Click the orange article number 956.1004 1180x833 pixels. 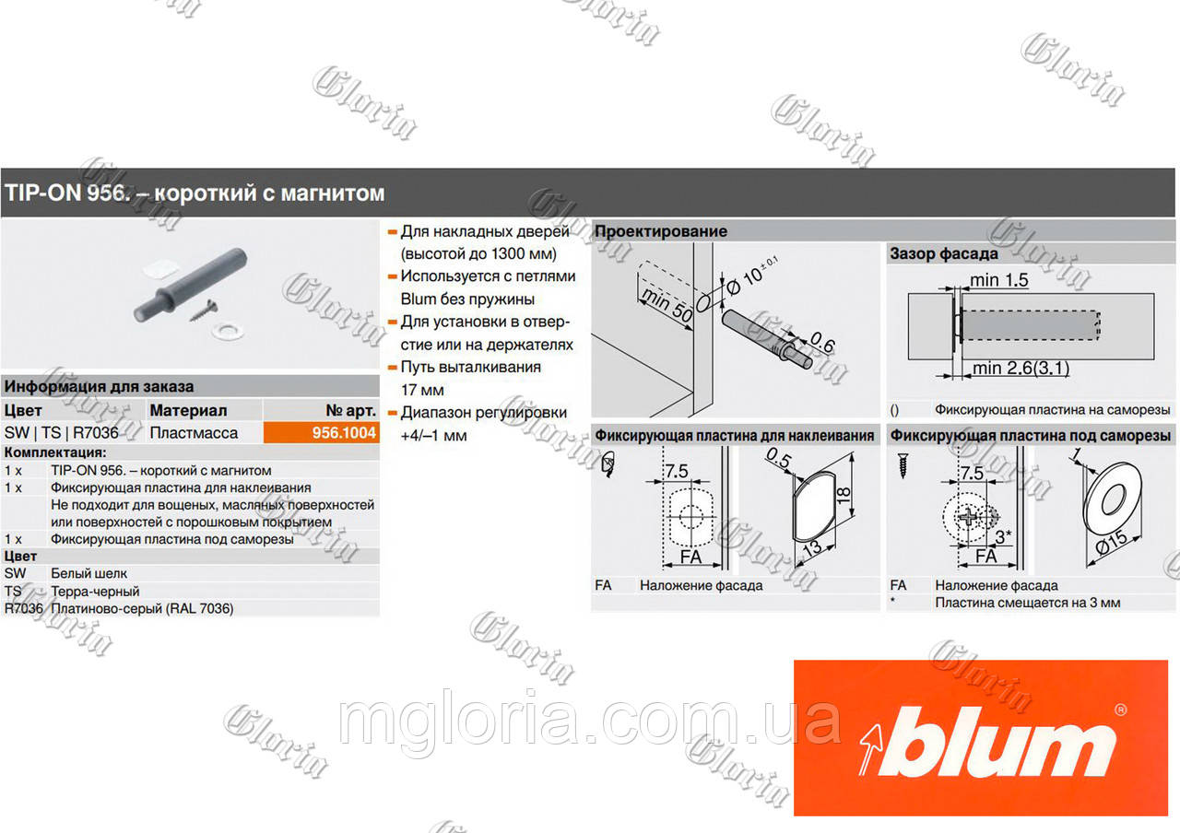(344, 433)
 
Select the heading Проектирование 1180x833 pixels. (661, 231)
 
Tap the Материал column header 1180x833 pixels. (188, 410)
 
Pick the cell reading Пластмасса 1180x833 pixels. (194, 433)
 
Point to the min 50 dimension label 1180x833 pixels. (667, 305)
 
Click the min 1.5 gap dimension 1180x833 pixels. (998, 280)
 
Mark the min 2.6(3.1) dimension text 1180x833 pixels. (1021, 368)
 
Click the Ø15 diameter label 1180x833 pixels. (1111, 543)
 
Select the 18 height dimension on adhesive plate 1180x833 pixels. (844, 495)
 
